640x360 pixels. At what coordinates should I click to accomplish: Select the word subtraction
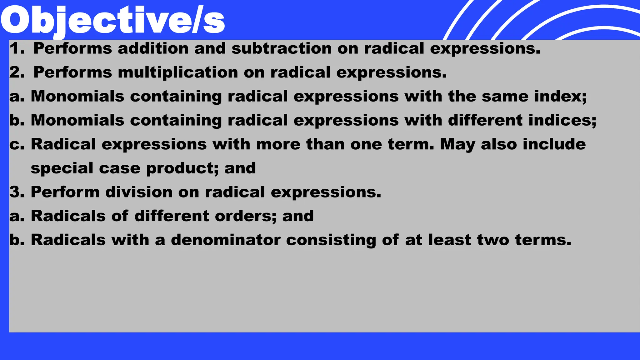[281, 48]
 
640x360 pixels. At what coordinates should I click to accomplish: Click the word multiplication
[178, 72]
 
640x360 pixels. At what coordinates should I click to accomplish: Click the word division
[139, 192]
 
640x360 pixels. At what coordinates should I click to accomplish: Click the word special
[62, 168]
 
